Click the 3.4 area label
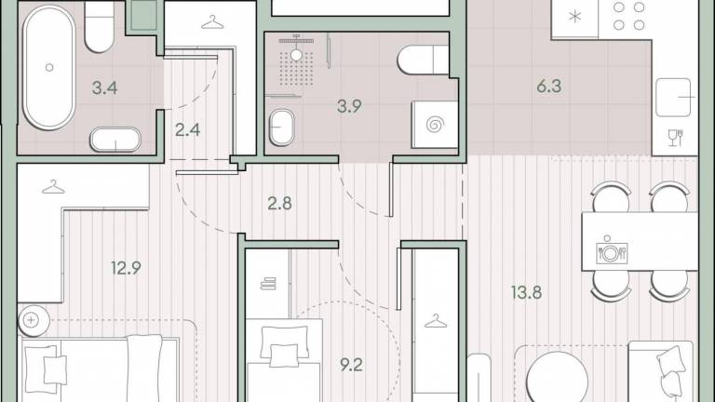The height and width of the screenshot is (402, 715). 104,87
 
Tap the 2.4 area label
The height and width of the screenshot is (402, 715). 187,130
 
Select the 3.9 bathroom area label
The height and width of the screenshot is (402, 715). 349,106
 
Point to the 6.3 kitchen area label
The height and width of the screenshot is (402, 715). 548,87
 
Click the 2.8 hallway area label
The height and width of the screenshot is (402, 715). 279,203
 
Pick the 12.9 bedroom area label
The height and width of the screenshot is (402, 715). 126,268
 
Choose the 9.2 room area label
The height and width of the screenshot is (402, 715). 351,365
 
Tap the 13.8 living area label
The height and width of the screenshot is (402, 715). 526,291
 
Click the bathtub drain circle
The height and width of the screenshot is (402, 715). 49,67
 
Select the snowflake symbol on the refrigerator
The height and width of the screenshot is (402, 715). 575,17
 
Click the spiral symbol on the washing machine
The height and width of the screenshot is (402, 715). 435,125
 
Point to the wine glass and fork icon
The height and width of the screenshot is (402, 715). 675,138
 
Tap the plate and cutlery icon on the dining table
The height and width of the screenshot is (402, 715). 612,251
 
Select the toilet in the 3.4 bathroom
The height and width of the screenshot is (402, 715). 99,27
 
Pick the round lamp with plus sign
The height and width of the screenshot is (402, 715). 34,320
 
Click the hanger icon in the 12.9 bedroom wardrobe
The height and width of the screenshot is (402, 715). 53,187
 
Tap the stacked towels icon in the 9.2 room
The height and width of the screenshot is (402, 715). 268,284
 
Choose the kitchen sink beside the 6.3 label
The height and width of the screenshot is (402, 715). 673,98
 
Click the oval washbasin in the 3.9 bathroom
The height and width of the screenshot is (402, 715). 281,127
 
